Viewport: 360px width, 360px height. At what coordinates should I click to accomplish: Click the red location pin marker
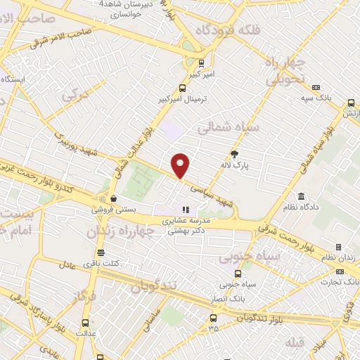[181, 165]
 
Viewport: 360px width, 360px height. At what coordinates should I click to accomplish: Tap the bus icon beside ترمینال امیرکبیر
[183, 89]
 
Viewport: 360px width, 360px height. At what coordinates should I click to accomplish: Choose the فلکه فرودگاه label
[227, 30]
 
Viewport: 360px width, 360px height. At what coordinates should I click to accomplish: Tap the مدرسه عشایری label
[186, 221]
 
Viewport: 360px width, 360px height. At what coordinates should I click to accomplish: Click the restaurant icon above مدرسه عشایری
[186, 209]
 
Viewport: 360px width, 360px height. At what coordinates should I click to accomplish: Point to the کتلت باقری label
[101, 264]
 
